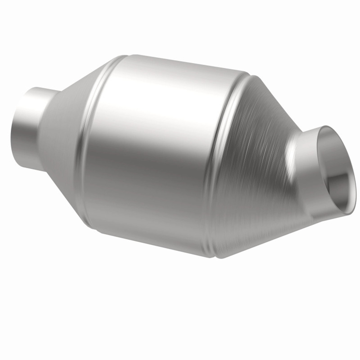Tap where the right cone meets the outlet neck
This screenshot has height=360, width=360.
coord(292,163)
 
